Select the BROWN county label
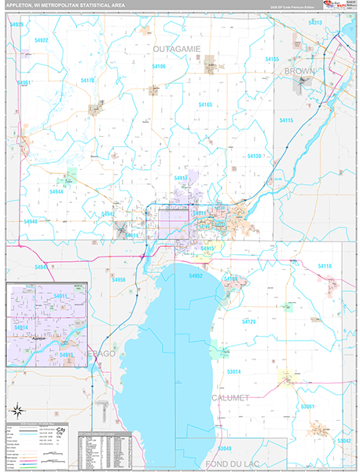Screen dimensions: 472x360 299,71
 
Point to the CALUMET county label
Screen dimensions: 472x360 230,398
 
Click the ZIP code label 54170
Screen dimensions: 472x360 88,80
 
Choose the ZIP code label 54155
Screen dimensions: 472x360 273,60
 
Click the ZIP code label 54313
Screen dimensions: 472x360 315,23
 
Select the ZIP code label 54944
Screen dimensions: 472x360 57,191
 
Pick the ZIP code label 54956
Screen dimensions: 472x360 119,279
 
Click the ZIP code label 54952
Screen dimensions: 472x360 196,276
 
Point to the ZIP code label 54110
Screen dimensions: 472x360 324,267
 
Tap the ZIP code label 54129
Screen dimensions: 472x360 249,322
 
